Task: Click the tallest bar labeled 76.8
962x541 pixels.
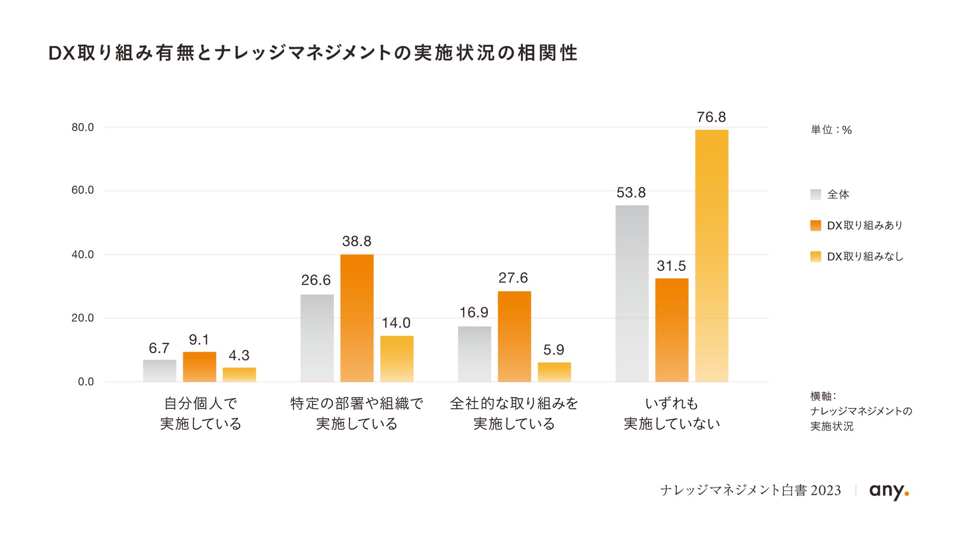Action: pyautogui.click(x=711, y=255)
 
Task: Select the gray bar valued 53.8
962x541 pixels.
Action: pyautogui.click(x=632, y=293)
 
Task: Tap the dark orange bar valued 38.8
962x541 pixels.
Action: pyautogui.click(x=357, y=318)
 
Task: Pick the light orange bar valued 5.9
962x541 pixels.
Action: pyautogui.click(x=554, y=372)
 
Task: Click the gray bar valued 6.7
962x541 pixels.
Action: pyautogui.click(x=159, y=371)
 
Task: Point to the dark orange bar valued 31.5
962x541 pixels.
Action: pyautogui.click(x=672, y=330)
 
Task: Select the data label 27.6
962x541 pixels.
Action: pyautogui.click(x=513, y=278)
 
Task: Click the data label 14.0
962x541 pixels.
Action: pyautogui.click(x=396, y=323)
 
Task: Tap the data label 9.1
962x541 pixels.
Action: pyautogui.click(x=199, y=340)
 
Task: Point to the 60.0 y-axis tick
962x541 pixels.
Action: pyautogui.click(x=82, y=190)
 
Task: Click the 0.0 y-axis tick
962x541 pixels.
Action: pyautogui.click(x=86, y=382)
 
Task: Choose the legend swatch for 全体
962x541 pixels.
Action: pyautogui.click(x=815, y=194)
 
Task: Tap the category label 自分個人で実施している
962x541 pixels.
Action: pyautogui.click(x=200, y=414)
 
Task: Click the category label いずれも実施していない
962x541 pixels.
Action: pyautogui.click(x=672, y=414)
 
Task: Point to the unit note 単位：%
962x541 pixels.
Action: pyautogui.click(x=831, y=130)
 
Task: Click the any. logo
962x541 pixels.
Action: pyautogui.click(x=889, y=491)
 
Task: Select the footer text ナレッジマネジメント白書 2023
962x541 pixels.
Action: pyautogui.click(x=750, y=490)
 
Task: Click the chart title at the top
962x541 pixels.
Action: pyautogui.click(x=313, y=53)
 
